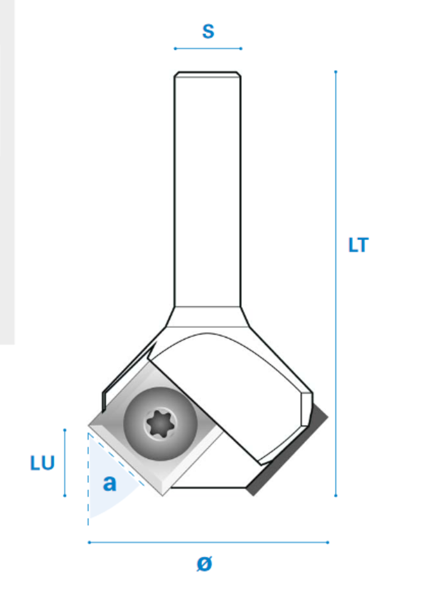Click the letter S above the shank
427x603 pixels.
point(208,31)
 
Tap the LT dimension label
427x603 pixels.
point(358,245)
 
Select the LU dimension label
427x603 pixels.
point(42,463)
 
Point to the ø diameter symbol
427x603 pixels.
point(204,563)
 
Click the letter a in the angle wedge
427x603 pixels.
point(109,483)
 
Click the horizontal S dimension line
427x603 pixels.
point(208,48)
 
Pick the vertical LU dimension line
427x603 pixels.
point(64,463)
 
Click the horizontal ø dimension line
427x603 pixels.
point(208,542)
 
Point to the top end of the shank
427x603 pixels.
point(208,75)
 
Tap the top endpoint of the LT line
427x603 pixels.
point(336,72)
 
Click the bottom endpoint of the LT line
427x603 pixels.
point(336,496)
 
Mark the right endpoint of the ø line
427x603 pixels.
point(327,542)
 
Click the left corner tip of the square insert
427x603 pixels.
point(89,426)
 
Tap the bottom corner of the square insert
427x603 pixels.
point(162,494)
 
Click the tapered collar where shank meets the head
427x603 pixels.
point(208,317)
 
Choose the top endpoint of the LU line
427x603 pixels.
point(64,429)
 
